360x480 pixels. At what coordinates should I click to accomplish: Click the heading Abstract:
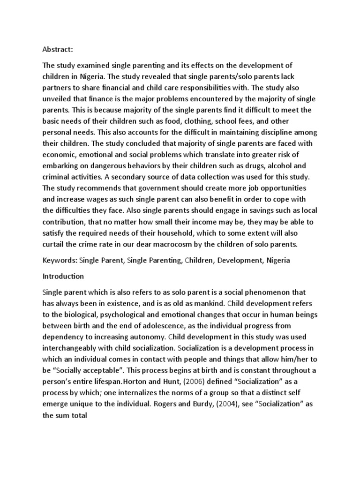coord(58,48)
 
